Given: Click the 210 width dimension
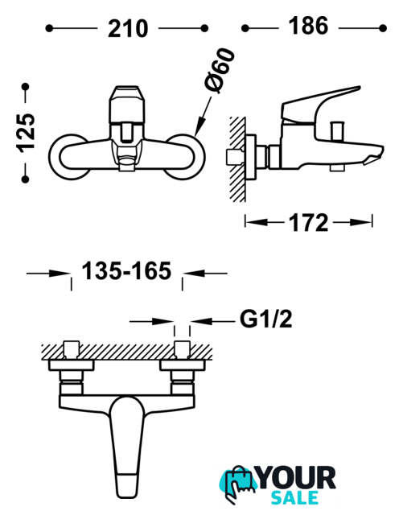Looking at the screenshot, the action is (x=128, y=29).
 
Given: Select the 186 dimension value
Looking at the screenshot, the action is (x=308, y=26).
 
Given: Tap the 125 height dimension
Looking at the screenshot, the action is (x=26, y=133).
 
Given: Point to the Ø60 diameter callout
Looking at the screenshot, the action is (x=220, y=71).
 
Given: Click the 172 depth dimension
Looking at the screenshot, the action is (x=308, y=223).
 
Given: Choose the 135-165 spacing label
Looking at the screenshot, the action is (x=126, y=271).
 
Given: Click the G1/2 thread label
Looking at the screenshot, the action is (x=265, y=319).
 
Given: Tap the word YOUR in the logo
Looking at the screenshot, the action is (x=297, y=479).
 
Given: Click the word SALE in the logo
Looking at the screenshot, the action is (x=294, y=498).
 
